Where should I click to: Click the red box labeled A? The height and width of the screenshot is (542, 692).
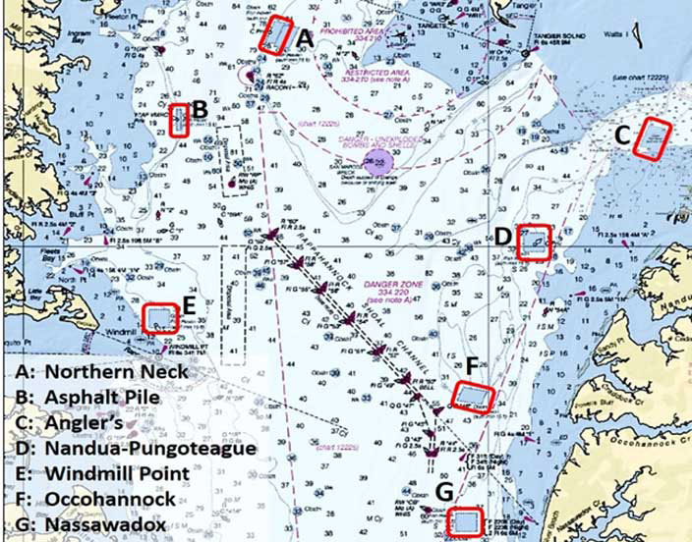pyautogui.click(x=277, y=35)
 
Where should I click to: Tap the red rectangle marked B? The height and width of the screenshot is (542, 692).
pyautogui.click(x=179, y=120)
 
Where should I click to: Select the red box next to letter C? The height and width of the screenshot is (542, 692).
pyautogui.click(x=651, y=137)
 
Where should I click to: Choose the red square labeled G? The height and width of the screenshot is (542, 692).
pyautogui.click(x=462, y=520)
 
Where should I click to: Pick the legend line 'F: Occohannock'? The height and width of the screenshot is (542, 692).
pyautogui.click(x=96, y=499)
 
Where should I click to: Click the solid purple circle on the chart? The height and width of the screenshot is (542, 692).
pyautogui.click(x=377, y=159)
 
